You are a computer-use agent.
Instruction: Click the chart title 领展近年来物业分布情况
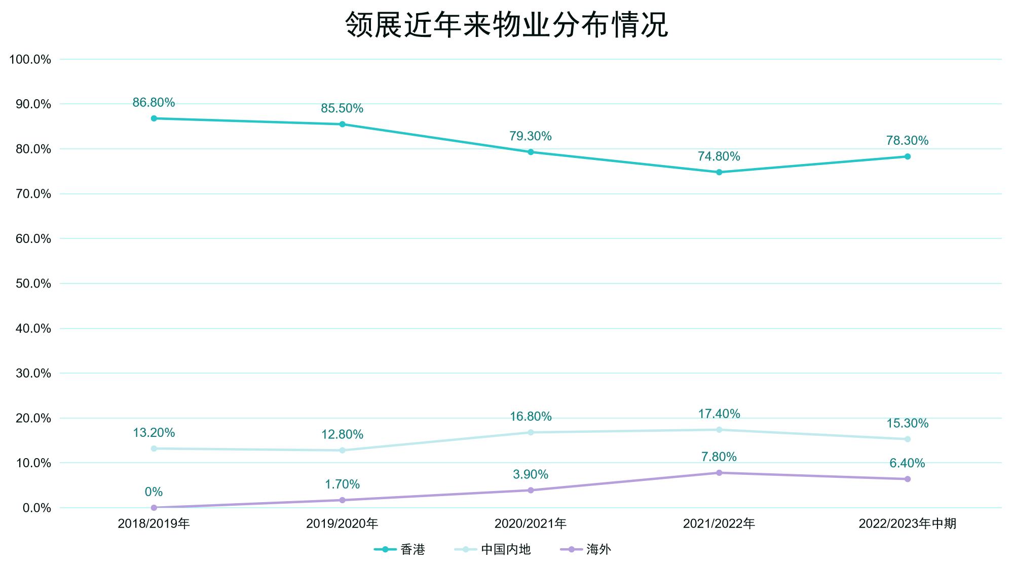coord(507,24)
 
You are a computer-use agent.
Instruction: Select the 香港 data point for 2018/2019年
coord(154,118)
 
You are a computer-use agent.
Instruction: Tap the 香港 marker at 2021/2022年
coord(719,172)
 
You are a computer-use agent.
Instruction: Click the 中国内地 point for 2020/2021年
coord(531,432)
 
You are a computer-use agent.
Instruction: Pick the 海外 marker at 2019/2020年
coord(342,500)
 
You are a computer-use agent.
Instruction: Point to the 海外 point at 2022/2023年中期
coord(908,479)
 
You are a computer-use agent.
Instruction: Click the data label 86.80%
coord(154,103)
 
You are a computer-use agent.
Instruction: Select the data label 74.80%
coord(719,156)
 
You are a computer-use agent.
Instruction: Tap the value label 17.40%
coord(719,414)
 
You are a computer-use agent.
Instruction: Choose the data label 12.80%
coord(342,434)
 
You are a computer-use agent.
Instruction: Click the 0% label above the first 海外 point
coord(154,492)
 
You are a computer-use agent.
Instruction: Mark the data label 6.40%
coord(907,463)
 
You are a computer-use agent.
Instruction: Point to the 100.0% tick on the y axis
coord(30,60)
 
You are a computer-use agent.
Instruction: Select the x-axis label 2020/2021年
coord(531,523)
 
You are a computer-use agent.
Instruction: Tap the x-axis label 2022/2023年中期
coord(907,523)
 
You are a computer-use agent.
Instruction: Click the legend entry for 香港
coord(400,549)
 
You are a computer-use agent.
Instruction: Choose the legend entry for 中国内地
coord(493,549)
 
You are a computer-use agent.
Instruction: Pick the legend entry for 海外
coord(586,549)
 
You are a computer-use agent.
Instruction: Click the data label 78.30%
coord(907,141)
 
